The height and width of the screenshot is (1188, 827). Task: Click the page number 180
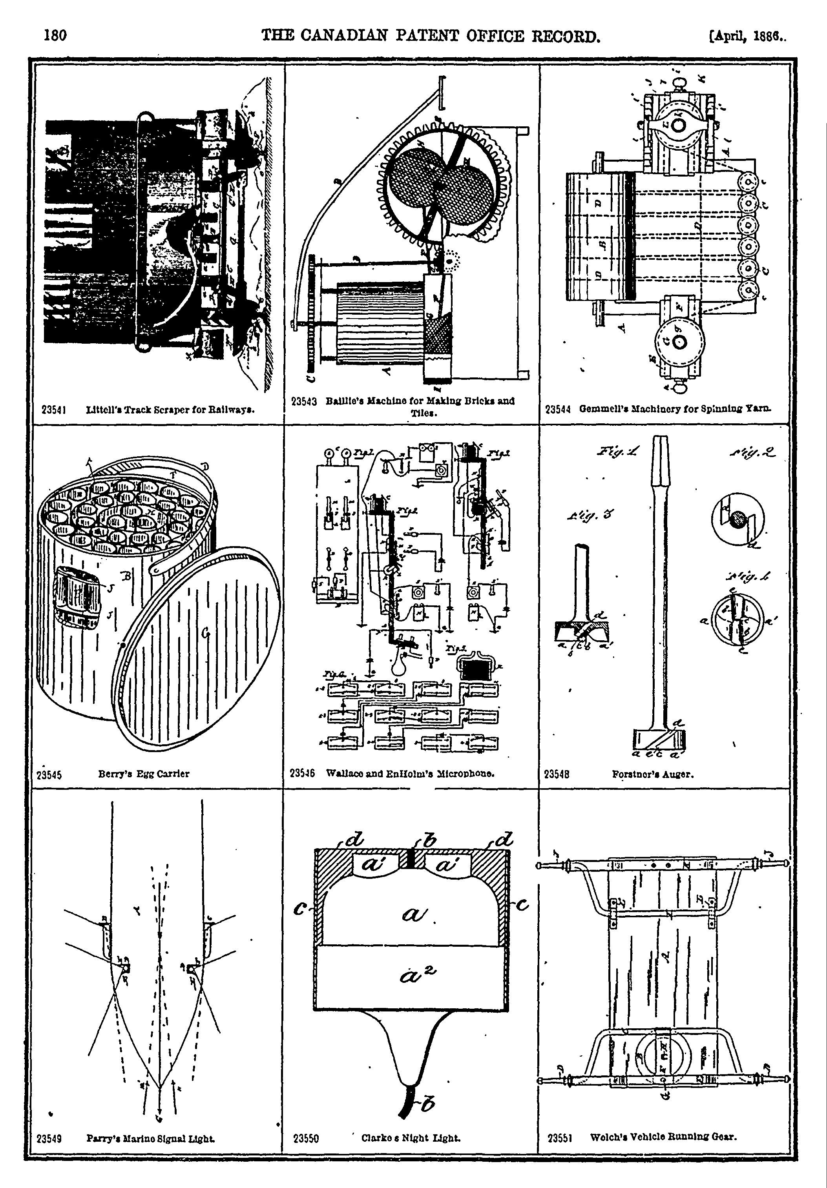point(55,35)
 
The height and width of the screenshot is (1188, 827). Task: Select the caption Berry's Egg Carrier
point(144,774)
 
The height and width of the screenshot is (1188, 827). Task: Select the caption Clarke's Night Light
point(411,1138)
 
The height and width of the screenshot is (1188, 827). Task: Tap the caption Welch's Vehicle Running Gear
point(663,1137)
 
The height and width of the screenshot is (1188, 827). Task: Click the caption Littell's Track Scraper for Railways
point(172,409)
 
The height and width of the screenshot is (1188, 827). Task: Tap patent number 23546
point(303,774)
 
